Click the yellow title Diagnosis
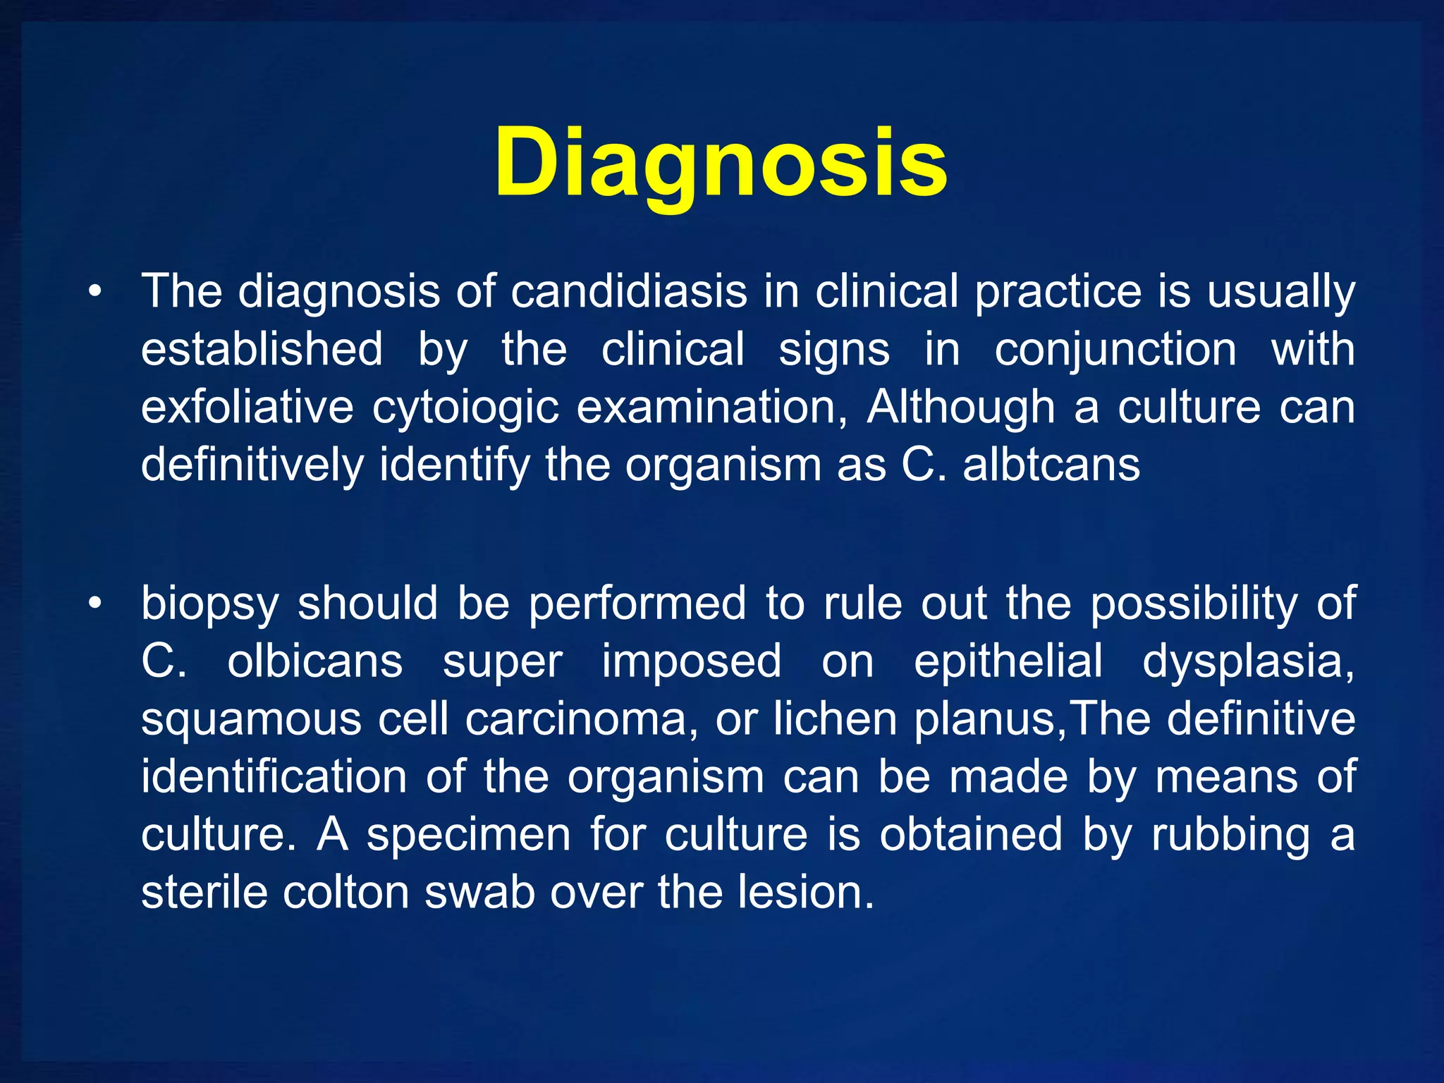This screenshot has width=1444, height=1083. click(x=721, y=164)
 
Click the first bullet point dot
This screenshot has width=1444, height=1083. click(x=96, y=292)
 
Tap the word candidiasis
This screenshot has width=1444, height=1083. click(x=628, y=291)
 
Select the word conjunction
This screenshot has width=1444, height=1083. click(x=1115, y=350)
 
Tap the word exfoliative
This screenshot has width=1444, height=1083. click(x=247, y=407)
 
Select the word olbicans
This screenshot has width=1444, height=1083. click(x=314, y=661)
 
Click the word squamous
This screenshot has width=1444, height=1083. click(x=251, y=721)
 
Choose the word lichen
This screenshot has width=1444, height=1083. click(x=835, y=719)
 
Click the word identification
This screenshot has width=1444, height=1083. click(x=274, y=777)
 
